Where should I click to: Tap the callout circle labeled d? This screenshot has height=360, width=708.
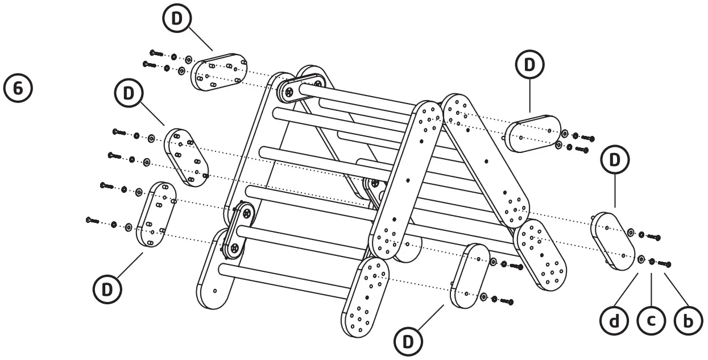(x=615, y=321)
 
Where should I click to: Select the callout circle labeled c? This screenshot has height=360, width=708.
(x=652, y=321)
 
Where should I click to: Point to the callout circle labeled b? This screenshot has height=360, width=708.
(x=688, y=321)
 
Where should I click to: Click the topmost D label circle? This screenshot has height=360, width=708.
(x=177, y=18)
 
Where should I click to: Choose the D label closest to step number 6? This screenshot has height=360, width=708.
(x=129, y=93)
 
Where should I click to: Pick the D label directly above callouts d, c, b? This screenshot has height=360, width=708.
(x=615, y=160)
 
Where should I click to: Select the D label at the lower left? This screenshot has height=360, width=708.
(x=107, y=289)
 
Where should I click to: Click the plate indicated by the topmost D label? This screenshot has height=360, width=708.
(x=218, y=72)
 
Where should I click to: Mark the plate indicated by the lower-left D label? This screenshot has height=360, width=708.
(x=155, y=214)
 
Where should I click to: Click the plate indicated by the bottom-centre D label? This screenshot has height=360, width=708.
(x=469, y=276)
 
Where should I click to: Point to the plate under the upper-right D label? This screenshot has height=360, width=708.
(x=533, y=134)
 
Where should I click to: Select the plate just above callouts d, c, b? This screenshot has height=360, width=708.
(x=614, y=242)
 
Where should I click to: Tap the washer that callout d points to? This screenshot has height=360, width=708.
(x=641, y=259)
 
